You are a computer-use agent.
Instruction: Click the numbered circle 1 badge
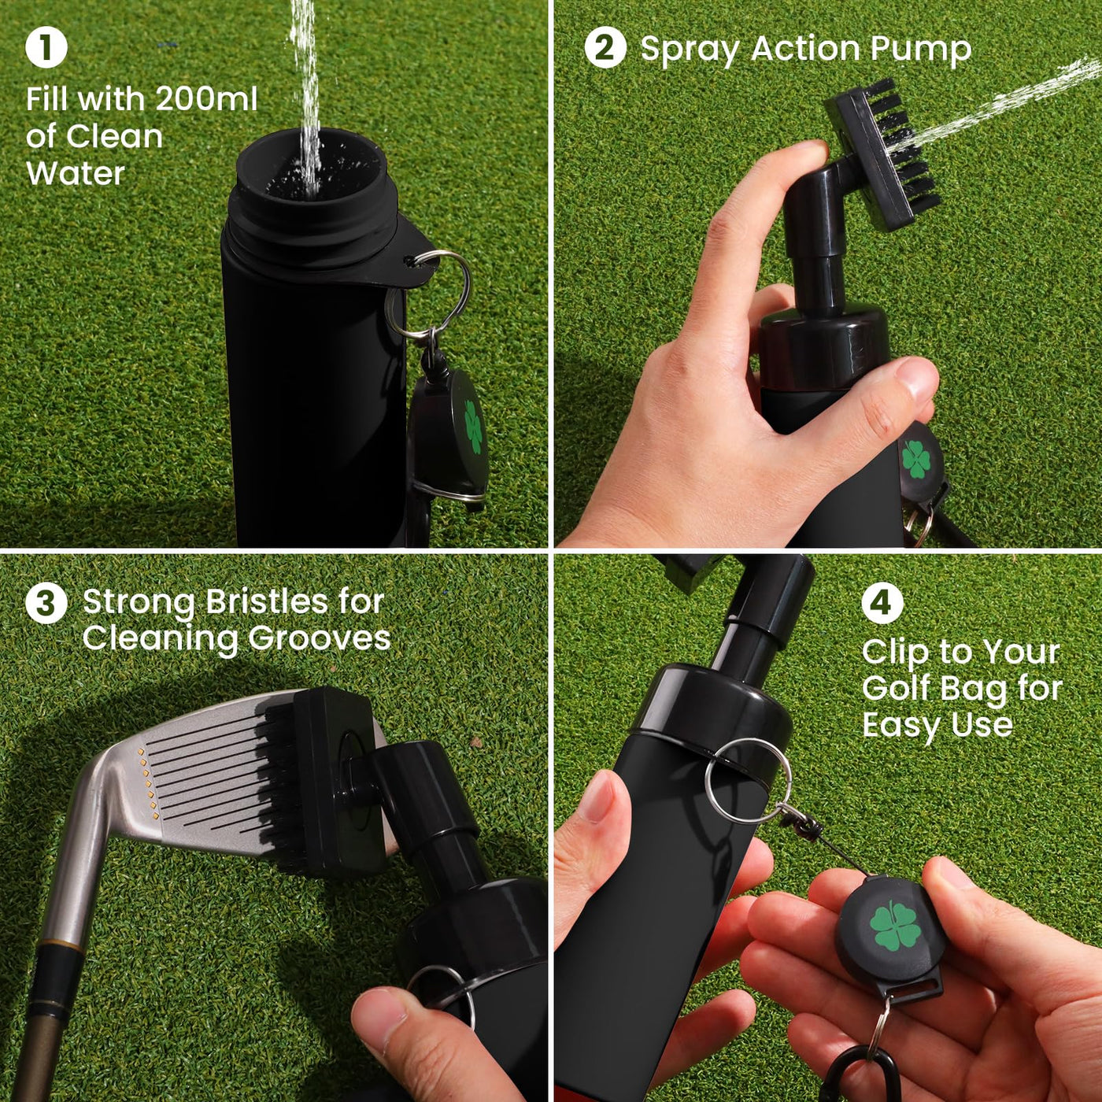click(x=46, y=47)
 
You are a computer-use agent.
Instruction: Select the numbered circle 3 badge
click(x=46, y=603)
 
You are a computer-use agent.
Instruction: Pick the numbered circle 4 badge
click(x=882, y=603)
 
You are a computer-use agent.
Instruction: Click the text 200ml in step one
click(x=206, y=99)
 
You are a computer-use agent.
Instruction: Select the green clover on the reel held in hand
click(x=895, y=926)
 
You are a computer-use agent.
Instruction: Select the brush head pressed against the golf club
click(x=315, y=779)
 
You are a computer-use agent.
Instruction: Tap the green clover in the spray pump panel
click(x=916, y=460)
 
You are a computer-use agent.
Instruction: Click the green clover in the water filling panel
click(x=473, y=427)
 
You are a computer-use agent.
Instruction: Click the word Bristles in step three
click(x=267, y=602)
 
